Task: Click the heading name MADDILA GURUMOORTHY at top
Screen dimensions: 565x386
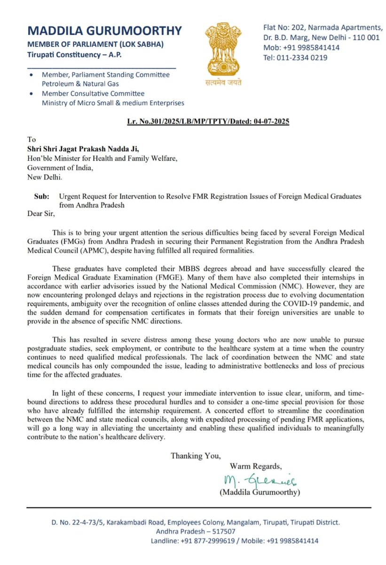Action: point(104,31)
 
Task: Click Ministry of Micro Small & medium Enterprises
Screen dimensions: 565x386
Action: point(113,103)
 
